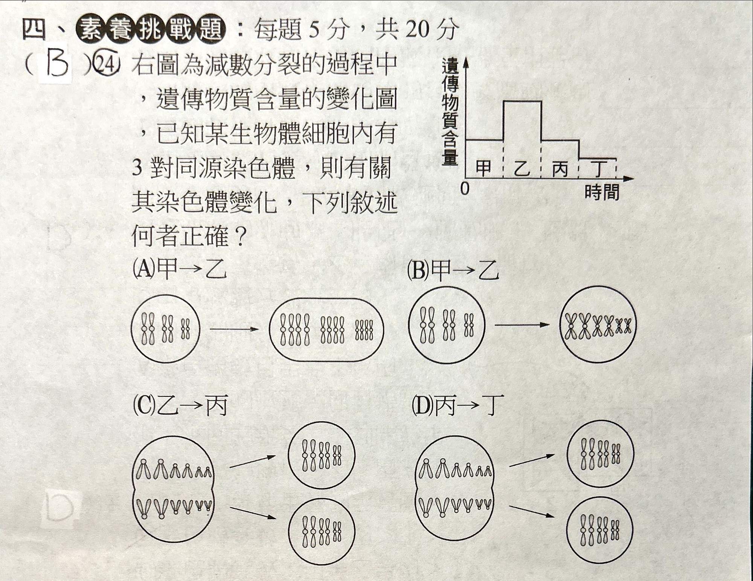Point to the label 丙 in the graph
(x=560, y=168)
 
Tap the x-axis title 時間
(x=602, y=192)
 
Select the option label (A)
(x=143, y=269)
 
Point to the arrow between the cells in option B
(x=522, y=324)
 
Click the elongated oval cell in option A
(x=326, y=330)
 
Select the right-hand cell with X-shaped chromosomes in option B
(x=598, y=324)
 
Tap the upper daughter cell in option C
(x=322, y=455)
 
